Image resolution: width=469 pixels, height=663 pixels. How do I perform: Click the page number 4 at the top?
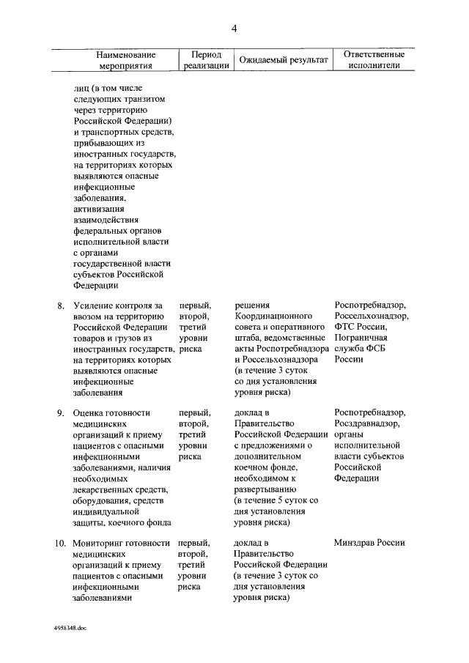tap(234, 29)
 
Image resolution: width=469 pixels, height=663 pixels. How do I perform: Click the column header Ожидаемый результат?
tap(281, 59)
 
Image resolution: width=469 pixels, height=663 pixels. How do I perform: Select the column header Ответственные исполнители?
tap(369, 59)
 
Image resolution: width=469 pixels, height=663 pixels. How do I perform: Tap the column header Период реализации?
tap(206, 59)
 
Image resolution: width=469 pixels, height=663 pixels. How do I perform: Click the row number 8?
tap(61, 305)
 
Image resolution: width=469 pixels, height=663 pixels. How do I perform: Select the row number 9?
tap(61, 412)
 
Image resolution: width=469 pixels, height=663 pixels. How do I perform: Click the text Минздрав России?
tap(369, 543)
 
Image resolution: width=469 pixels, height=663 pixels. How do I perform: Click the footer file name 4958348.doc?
tap(70, 629)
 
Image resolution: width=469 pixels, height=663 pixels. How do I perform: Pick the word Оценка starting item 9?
tap(89, 412)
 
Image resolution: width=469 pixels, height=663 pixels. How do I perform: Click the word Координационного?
tap(273, 316)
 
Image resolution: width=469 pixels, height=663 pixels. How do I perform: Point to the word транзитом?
tap(142, 98)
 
